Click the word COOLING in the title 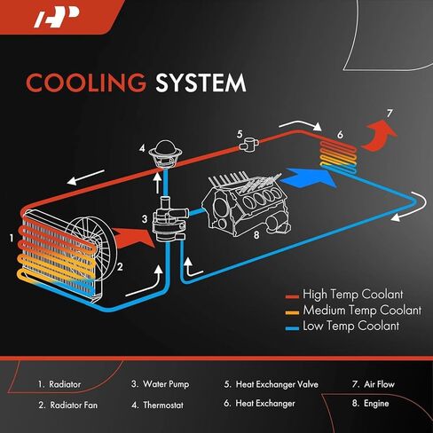point(86,83)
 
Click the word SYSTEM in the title point(201,83)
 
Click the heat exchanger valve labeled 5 point(248,145)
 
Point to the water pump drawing point(169,220)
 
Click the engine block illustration point(246,204)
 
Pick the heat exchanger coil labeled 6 point(338,156)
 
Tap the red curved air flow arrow point(379,137)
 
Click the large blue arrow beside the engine point(309,177)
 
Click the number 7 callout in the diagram point(390,114)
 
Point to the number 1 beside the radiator point(12,238)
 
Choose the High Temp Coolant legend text point(353,295)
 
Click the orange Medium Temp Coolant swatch point(293,312)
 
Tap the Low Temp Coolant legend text point(351,326)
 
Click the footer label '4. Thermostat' point(158,405)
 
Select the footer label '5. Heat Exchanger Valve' point(272,384)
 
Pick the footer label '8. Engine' point(371,404)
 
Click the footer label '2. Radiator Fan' point(68,405)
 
